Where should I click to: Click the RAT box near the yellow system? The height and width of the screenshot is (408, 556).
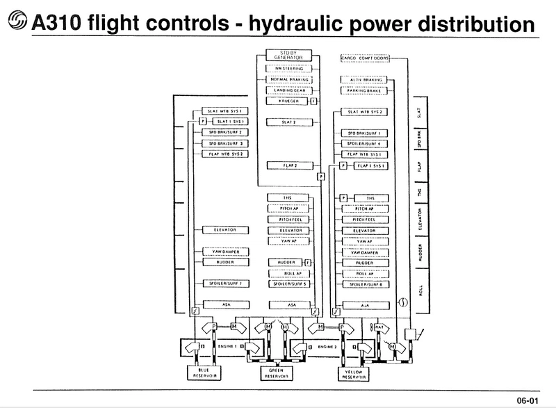click(x=381, y=327)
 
